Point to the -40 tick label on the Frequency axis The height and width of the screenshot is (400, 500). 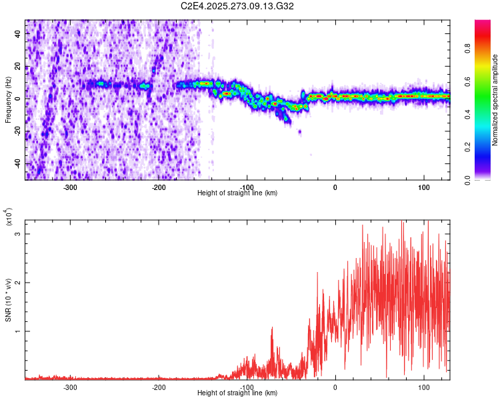(x=17, y=163)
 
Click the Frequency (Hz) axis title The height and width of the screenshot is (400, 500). (x=8, y=100)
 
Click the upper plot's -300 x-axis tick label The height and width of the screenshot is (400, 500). (x=71, y=187)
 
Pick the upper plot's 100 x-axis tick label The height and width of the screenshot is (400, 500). (x=423, y=187)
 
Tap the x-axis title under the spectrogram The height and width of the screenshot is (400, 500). (x=237, y=193)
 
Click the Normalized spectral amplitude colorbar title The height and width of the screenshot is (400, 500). (x=495, y=100)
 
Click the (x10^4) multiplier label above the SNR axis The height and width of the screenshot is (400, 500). (x=9, y=217)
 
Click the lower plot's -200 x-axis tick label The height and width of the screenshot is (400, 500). (x=159, y=387)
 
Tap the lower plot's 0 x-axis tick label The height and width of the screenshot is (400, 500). (x=335, y=387)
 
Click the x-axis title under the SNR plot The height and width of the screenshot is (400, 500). (x=237, y=393)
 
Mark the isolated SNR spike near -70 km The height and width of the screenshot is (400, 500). (x=272, y=329)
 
